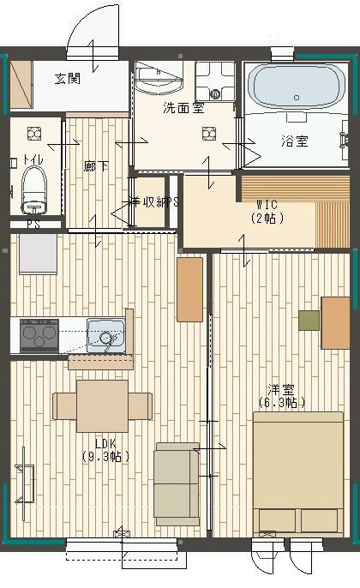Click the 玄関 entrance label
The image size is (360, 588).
[68, 79]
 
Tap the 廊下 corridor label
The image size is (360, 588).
[96, 165]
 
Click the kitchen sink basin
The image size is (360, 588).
[105, 335]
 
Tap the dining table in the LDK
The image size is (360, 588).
[102, 405]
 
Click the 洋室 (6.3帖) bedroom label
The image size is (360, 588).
[282, 394]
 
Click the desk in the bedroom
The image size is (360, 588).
[335, 322]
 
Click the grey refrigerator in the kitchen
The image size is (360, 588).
[38, 255]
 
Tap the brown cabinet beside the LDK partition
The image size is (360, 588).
[189, 289]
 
